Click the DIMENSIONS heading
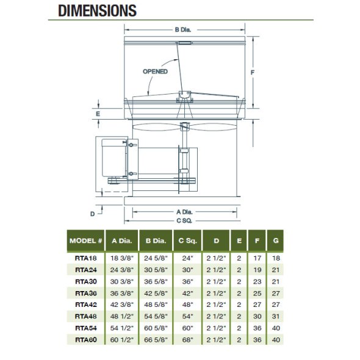tap(98, 11)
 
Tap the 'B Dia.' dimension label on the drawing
tap(183, 30)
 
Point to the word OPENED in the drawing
tap(155, 71)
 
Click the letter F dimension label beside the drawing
tap(253, 73)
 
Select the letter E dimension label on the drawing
tap(98, 114)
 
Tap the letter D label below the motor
tap(92, 214)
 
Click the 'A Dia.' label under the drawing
tap(184, 212)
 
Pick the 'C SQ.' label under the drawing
tap(184, 221)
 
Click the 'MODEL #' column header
tap(85, 241)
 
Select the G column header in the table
tap(276, 240)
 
